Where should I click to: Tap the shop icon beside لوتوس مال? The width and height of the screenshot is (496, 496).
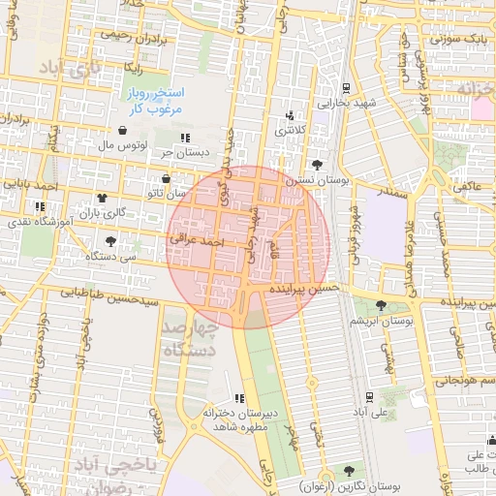tap(123, 131)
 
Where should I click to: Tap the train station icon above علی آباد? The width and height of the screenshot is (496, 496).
tap(371, 396)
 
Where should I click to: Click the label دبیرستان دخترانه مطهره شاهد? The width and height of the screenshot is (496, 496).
tap(239, 419)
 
